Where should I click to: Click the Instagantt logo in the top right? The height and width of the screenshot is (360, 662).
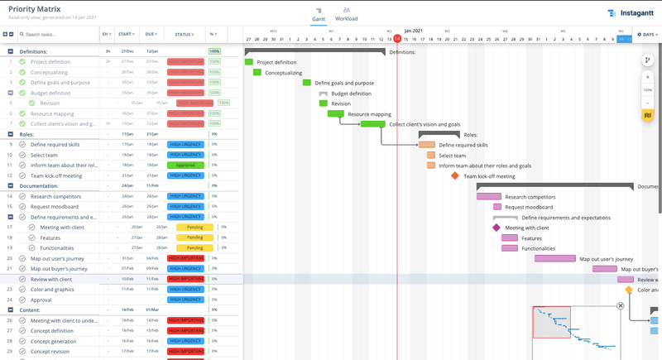(x=632, y=13)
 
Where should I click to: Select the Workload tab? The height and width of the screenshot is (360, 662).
(x=346, y=13)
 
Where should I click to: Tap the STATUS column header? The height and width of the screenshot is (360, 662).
(x=184, y=35)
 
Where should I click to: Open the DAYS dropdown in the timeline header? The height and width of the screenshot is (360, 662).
(x=647, y=35)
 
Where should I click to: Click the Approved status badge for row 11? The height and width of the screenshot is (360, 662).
(x=185, y=165)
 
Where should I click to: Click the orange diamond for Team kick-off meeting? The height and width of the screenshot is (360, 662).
(x=455, y=175)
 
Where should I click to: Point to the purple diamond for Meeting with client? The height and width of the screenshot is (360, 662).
(x=496, y=228)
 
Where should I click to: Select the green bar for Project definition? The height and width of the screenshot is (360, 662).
(x=248, y=62)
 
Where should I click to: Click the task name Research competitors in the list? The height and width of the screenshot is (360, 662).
(x=54, y=196)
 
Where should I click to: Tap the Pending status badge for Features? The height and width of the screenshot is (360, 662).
(x=194, y=238)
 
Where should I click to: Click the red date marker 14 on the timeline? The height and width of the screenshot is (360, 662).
(x=397, y=39)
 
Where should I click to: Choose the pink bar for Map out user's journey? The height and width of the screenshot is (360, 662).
(x=554, y=258)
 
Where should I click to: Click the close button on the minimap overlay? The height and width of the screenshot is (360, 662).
(x=620, y=306)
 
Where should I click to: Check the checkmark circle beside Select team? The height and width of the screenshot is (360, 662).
(x=22, y=155)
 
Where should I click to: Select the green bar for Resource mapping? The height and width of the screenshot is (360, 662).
(x=335, y=114)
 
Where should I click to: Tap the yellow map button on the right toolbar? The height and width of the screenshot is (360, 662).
(x=648, y=114)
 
